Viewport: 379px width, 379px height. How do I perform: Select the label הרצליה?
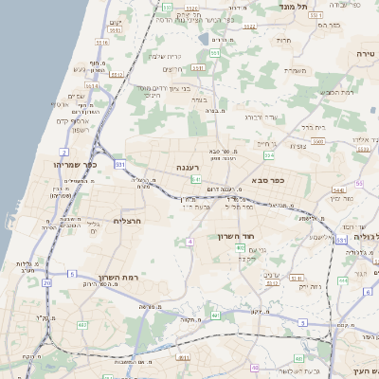126,221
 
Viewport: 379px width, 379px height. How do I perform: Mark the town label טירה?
366,55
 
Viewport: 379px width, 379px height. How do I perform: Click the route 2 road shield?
63,152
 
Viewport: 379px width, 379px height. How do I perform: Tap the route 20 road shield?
46,282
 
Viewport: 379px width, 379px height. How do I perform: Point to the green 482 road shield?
82,325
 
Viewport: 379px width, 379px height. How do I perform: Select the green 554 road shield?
269,153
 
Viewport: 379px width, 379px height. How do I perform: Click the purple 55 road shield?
359,183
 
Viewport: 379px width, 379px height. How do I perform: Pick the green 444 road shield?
342,280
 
